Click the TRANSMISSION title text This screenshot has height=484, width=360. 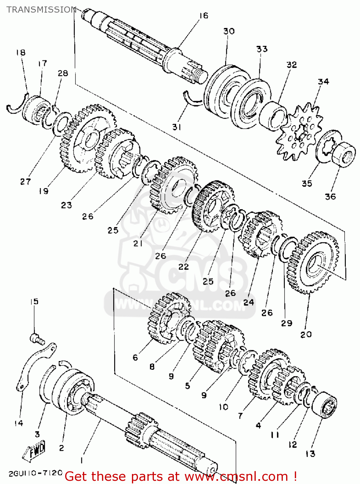41,10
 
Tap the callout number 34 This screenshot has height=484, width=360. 323,82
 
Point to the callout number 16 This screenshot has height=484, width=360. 204,15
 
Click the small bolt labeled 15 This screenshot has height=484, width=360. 36,338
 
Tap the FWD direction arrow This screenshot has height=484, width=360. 35,451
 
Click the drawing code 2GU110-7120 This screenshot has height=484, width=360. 35,473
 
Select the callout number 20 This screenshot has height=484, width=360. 306,334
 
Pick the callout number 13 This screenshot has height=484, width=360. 310,454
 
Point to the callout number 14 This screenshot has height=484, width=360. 19,423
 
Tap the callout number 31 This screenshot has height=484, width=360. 176,127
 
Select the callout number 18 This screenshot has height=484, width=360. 21,52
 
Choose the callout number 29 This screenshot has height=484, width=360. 286,323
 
